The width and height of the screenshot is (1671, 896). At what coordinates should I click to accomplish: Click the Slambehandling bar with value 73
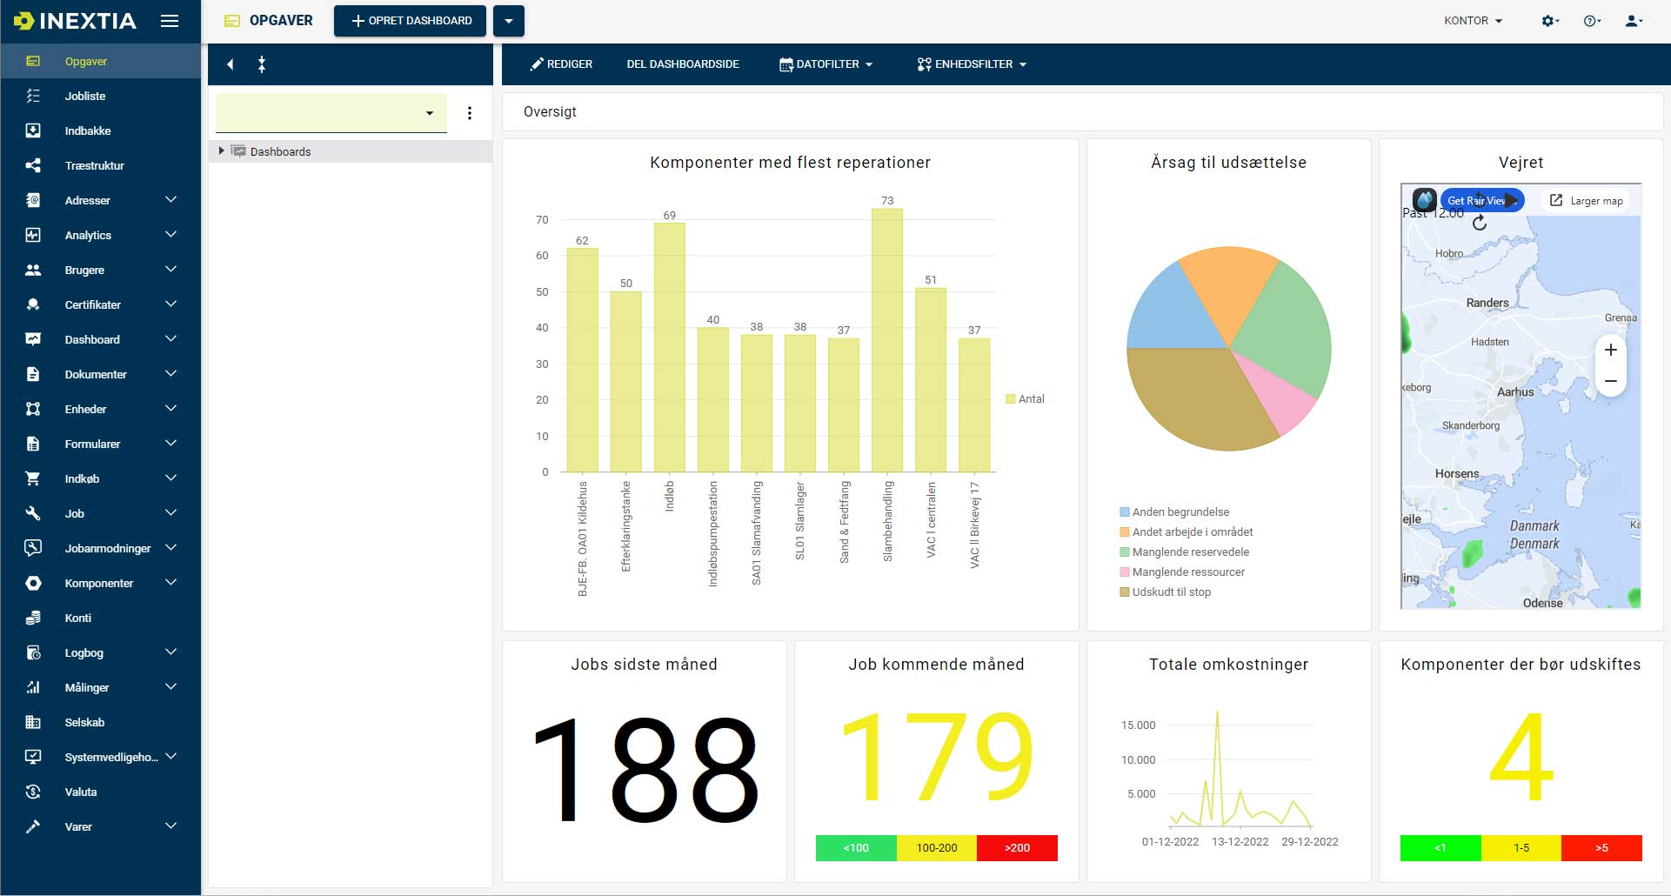click(x=886, y=340)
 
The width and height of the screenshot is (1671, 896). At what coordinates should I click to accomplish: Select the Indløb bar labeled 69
click(x=669, y=347)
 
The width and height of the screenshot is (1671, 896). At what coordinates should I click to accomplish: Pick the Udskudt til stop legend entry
click(x=1171, y=592)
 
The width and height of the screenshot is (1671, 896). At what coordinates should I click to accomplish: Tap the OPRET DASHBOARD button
click(x=411, y=21)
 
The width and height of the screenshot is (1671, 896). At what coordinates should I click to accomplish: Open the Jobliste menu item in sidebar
click(x=85, y=97)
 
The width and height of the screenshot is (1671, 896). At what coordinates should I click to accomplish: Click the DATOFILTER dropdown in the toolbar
click(x=825, y=64)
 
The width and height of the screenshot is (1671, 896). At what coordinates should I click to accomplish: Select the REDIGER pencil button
click(x=561, y=64)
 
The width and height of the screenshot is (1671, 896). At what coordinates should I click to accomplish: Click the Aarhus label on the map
click(x=1515, y=392)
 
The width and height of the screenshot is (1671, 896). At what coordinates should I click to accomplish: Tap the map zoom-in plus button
click(x=1610, y=350)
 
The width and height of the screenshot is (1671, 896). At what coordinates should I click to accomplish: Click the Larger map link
click(x=1587, y=201)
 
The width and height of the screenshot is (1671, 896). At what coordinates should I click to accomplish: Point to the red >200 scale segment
click(x=1016, y=848)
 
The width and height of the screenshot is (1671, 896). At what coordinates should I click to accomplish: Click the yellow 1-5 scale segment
click(x=1521, y=848)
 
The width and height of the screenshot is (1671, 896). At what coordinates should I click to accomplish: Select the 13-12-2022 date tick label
click(x=1240, y=842)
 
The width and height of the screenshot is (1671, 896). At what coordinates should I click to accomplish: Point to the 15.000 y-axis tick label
click(x=1138, y=725)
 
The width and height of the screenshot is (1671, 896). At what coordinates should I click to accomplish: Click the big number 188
click(x=645, y=768)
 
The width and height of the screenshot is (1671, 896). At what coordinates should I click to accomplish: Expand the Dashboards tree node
click(x=222, y=151)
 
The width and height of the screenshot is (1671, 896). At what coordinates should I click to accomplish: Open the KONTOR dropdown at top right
click(x=1473, y=21)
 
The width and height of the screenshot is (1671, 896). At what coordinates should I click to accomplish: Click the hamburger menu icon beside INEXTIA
click(x=170, y=21)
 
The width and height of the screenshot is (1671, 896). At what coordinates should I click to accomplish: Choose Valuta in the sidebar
click(x=81, y=792)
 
